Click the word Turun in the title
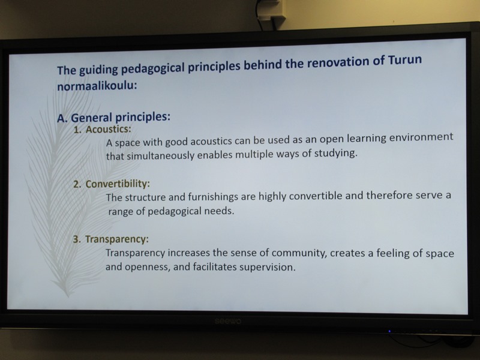pos(404,59)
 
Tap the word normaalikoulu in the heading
pos(97,85)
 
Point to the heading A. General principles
pos(113,117)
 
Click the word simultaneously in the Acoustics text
pos(160,155)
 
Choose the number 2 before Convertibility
pos(77,184)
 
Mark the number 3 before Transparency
pos(77,239)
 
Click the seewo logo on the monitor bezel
pos(228,321)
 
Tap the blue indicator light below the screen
pos(389,331)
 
